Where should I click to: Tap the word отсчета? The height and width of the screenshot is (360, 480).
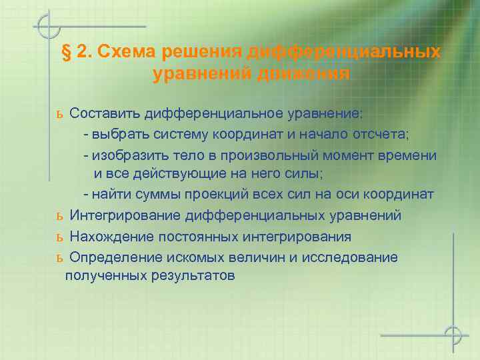pos(383,134)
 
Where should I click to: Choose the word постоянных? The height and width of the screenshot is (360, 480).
pos(199,237)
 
